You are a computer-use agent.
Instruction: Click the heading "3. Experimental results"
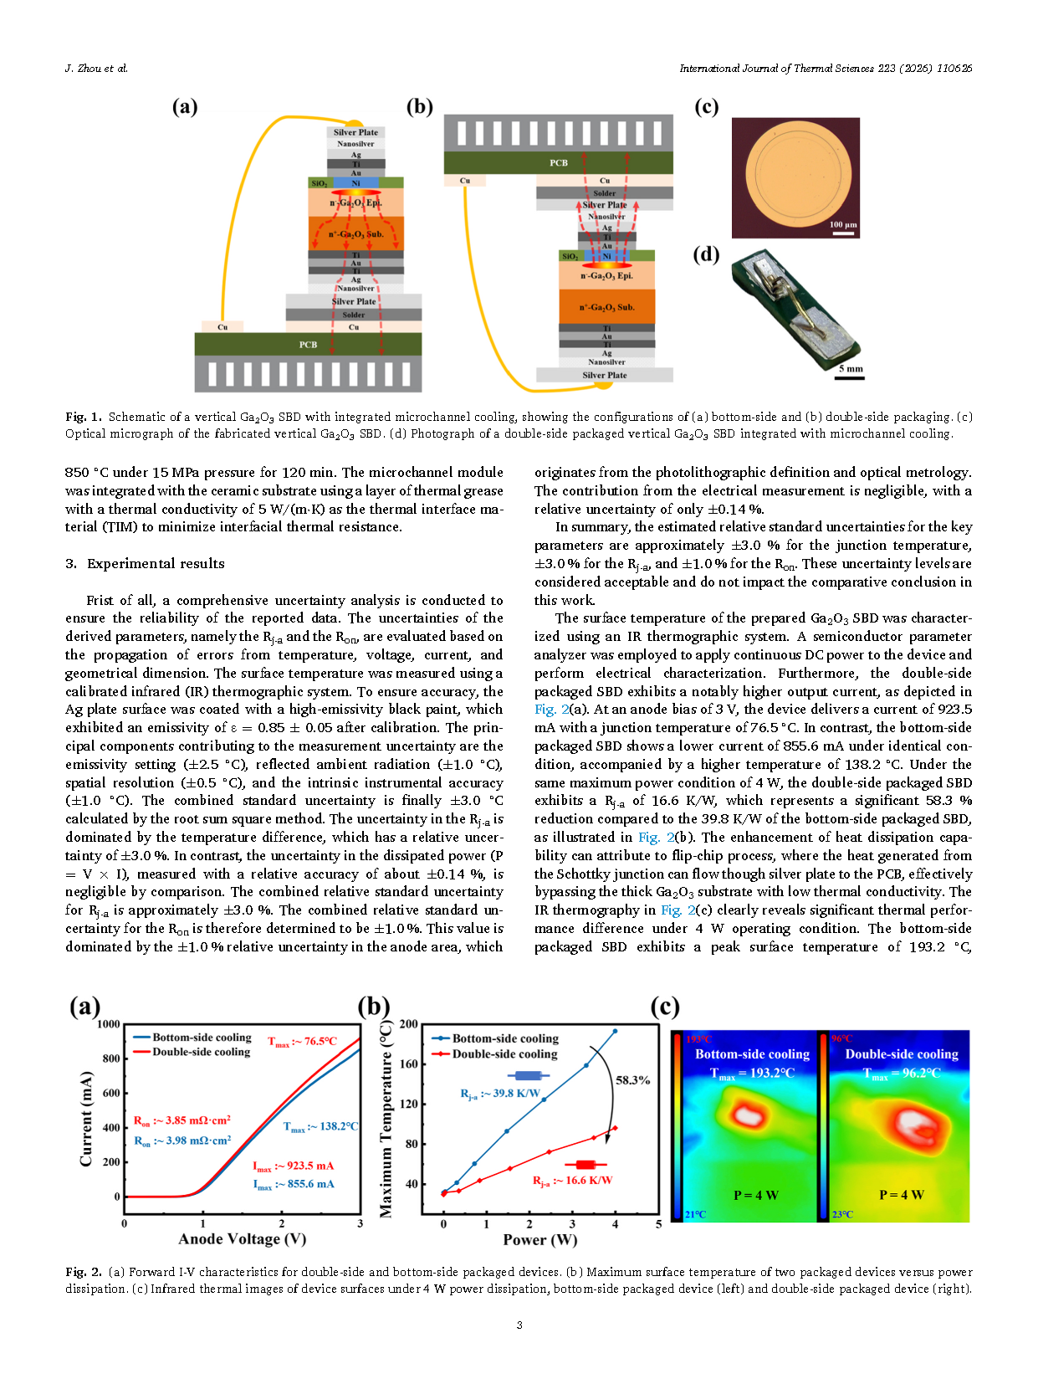point(145,563)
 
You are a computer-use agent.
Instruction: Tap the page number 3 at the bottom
point(519,1325)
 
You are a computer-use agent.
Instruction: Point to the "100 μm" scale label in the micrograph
point(842,224)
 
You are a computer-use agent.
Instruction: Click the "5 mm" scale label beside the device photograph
point(850,368)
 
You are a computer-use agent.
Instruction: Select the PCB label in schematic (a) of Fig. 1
point(308,344)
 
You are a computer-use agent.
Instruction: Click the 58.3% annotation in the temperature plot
point(632,1079)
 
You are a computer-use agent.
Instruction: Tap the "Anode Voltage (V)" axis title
point(242,1238)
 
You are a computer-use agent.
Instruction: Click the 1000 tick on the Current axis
point(109,1023)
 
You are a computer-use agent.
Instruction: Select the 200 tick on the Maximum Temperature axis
point(408,1023)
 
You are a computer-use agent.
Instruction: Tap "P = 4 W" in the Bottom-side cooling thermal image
point(755,1195)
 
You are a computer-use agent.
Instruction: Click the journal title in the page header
point(825,69)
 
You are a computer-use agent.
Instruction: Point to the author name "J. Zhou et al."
point(96,69)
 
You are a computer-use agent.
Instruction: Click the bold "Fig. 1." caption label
point(83,417)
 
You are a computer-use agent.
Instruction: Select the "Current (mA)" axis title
point(86,1118)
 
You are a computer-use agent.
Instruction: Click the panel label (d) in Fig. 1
point(706,254)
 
